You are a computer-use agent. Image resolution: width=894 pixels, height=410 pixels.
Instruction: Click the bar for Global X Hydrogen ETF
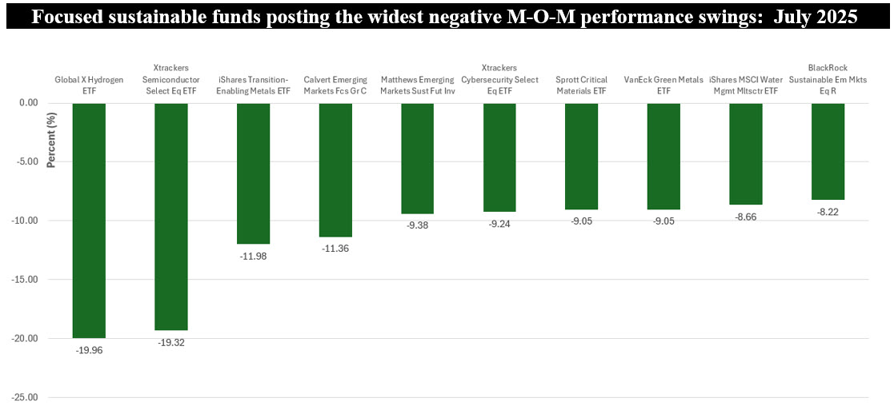pyautogui.click(x=88, y=220)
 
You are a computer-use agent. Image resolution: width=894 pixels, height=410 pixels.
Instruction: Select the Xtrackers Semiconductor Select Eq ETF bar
pyautogui.click(x=170, y=216)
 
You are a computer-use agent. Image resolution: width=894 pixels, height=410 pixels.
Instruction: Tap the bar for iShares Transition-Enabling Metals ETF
pyautogui.click(x=253, y=173)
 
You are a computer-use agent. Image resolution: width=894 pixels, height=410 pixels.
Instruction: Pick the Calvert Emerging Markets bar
pyautogui.click(x=335, y=169)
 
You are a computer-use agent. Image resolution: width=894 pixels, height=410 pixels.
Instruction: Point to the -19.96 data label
pyautogui.click(x=88, y=350)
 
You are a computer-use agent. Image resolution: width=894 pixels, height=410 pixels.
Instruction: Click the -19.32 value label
pyautogui.click(x=170, y=342)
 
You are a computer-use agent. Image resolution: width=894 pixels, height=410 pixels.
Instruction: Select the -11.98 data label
pyautogui.click(x=253, y=256)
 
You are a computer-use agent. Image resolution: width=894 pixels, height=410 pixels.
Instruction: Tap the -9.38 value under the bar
pyautogui.click(x=417, y=225)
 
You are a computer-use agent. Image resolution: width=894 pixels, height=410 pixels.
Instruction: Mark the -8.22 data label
pyautogui.click(x=828, y=212)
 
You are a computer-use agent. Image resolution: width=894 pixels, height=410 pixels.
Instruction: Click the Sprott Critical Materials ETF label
pyautogui.click(x=581, y=85)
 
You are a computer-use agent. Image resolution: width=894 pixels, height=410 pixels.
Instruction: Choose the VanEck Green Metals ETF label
pyautogui.click(x=663, y=85)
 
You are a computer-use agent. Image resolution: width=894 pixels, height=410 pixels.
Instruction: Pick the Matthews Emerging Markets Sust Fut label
pyautogui.click(x=417, y=85)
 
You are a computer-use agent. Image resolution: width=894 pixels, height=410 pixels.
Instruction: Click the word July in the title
pyautogui.click(x=792, y=17)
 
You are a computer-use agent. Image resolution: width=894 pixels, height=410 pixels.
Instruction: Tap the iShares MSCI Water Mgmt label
pyautogui.click(x=745, y=85)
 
